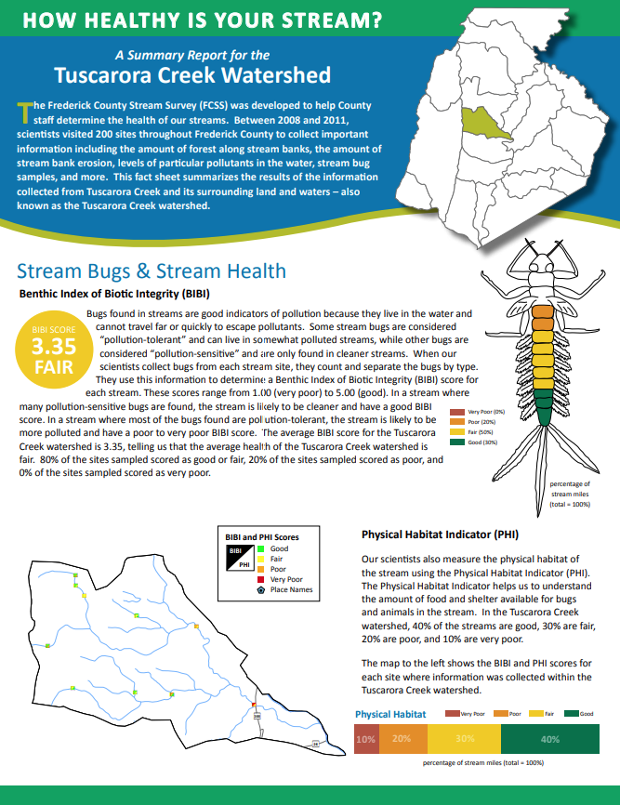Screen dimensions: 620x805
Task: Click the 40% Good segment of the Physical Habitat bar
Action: tap(548, 739)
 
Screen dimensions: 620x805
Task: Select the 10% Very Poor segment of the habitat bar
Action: tap(365, 739)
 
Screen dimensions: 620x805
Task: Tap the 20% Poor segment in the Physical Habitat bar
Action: tap(402, 739)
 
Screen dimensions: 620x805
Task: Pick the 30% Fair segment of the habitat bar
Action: tap(464, 739)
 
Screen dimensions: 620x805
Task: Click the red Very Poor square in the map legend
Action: tap(261, 579)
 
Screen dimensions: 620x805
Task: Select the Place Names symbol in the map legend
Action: tap(261, 590)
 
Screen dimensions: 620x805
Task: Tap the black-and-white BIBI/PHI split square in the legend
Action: tap(240, 558)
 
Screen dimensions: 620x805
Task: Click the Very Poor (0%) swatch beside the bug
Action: tap(456, 411)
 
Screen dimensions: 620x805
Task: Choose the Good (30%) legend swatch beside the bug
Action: tap(456, 442)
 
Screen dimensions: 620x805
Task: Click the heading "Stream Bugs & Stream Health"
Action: tap(152, 271)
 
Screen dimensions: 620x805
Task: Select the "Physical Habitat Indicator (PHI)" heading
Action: tap(440, 535)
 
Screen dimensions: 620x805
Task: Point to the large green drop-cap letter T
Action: tap(24, 112)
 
